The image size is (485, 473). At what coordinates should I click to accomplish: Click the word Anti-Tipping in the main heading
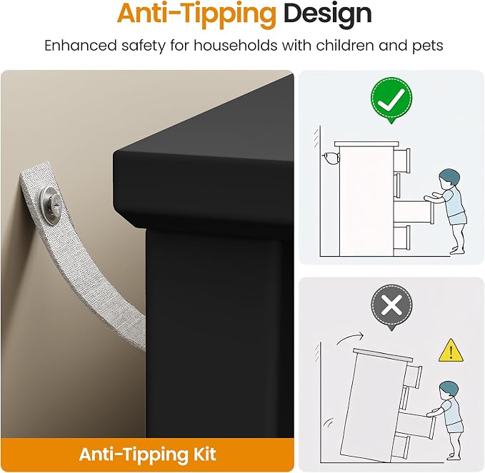click(x=196, y=14)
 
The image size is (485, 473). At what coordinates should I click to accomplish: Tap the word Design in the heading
click(x=328, y=14)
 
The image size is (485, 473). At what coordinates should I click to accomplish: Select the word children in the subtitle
click(x=344, y=46)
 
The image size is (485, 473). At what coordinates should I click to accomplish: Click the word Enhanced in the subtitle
click(x=81, y=46)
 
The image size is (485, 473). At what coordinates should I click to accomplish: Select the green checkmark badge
click(x=391, y=99)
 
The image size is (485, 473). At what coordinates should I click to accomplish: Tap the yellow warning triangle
click(x=451, y=352)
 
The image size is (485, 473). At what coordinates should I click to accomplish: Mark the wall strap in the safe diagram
click(x=330, y=159)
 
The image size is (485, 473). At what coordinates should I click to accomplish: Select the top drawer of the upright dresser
click(x=402, y=161)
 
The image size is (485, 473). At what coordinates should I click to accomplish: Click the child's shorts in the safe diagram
click(x=458, y=218)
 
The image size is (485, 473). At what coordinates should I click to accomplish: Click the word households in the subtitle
click(x=236, y=46)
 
